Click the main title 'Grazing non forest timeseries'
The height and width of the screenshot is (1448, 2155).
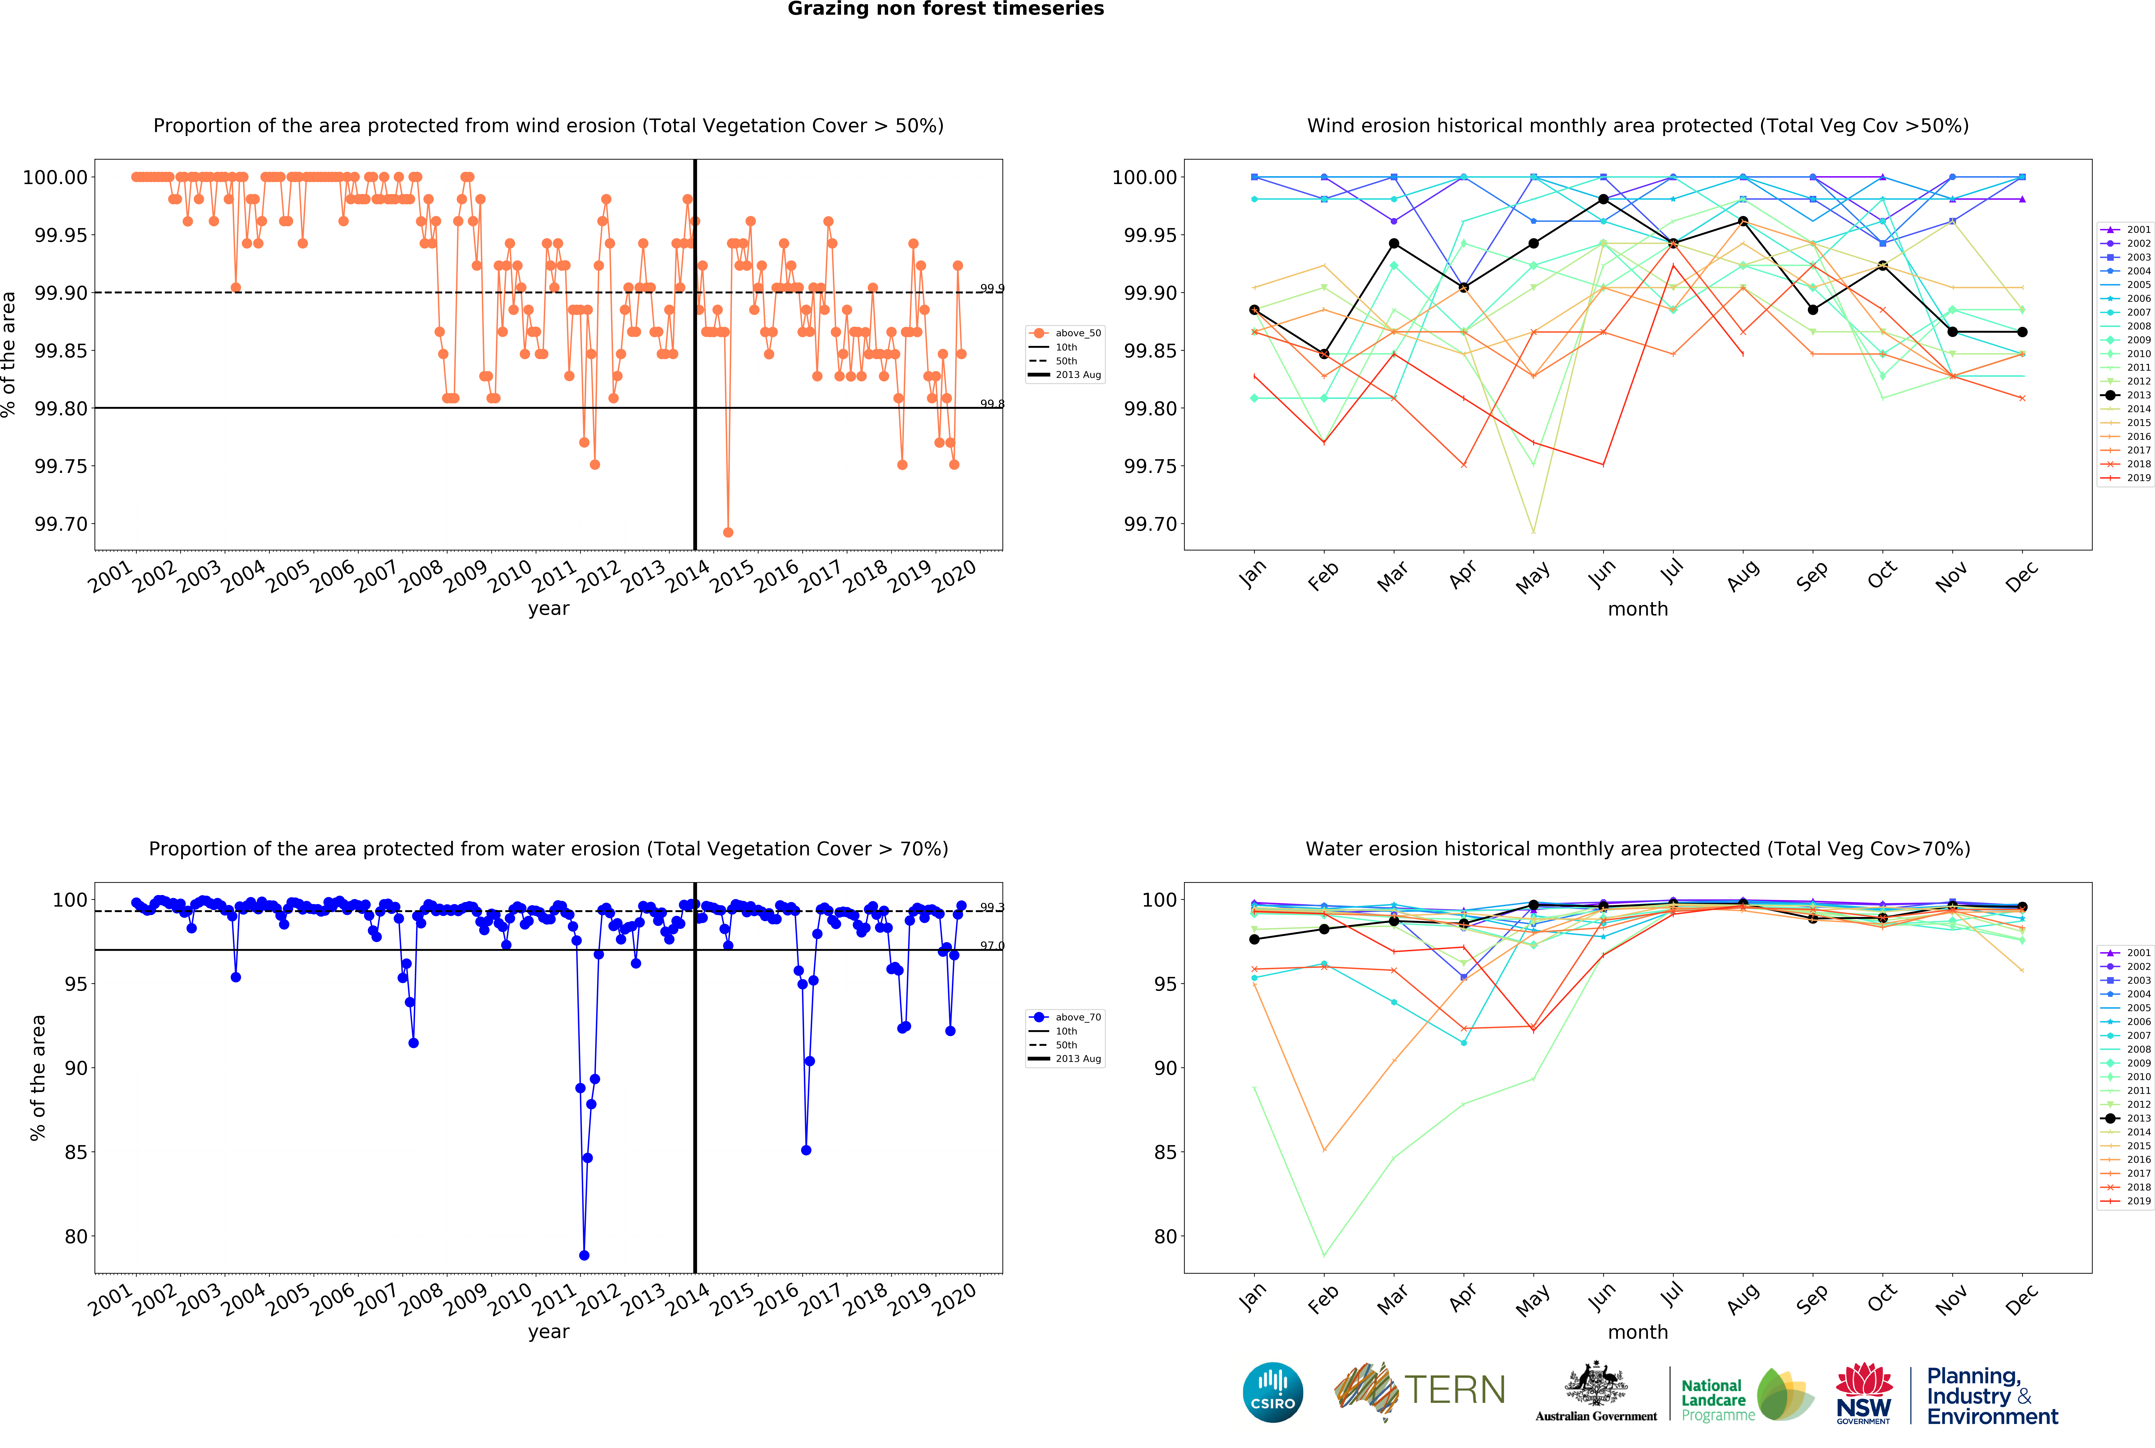pyautogui.click(x=946, y=9)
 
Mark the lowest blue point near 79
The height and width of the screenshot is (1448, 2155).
pyautogui.click(x=584, y=1255)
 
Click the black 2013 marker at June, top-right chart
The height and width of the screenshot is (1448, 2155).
pyautogui.click(x=1603, y=200)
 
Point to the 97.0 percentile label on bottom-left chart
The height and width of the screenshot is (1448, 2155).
pyautogui.click(x=992, y=946)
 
